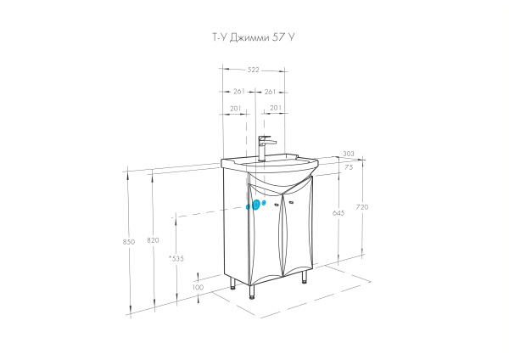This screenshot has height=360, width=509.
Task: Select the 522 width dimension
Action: point(254,70)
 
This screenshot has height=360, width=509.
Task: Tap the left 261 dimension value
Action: point(238,91)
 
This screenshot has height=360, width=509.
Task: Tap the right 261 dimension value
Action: point(271,91)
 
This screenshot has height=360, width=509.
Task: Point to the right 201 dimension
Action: point(275,109)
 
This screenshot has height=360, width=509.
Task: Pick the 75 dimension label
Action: point(349,168)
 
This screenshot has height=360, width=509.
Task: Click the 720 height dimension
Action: point(364,208)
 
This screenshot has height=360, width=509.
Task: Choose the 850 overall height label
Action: point(129,241)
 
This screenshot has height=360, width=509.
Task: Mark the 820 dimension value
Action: point(153,241)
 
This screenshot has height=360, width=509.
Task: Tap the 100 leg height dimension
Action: point(198,287)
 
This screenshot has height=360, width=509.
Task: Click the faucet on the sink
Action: point(264,148)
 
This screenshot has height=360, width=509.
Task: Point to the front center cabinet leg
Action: point(252,294)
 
